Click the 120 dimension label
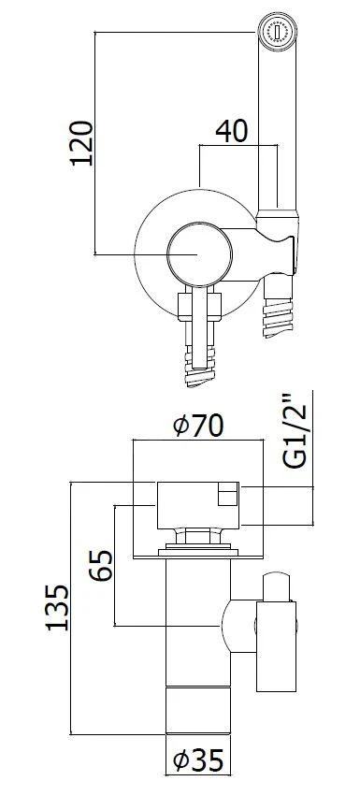point(81,142)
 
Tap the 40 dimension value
point(231,132)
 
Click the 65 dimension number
point(102,567)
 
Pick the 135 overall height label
point(58,609)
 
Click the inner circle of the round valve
point(195,253)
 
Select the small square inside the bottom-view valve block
point(226,495)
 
